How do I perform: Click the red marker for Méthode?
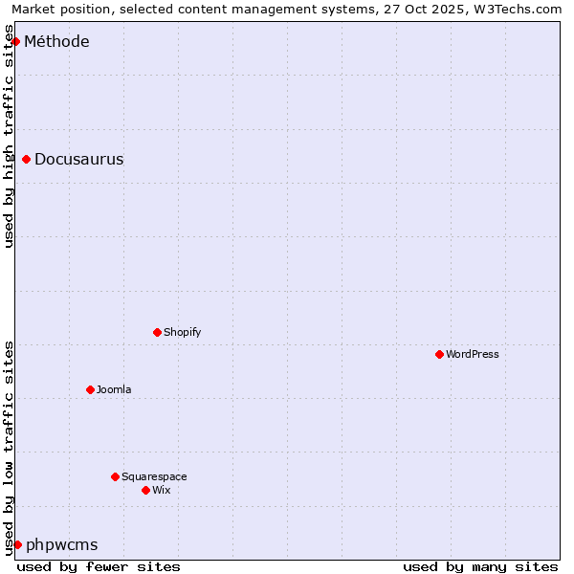point(15,41)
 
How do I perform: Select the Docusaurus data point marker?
point(27,159)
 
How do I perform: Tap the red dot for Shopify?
point(158,332)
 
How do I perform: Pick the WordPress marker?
point(440,354)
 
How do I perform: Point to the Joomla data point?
point(91,389)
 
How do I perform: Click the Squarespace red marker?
point(116,476)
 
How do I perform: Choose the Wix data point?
point(146,490)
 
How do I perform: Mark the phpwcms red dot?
point(17,544)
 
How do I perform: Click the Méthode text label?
point(56,41)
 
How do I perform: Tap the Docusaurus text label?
point(79,159)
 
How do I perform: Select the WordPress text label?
point(473,354)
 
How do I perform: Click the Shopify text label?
point(183,332)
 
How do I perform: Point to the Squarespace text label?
point(154,476)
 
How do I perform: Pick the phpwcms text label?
point(62,544)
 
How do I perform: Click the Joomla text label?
point(114,389)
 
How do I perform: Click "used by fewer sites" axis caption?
point(99,566)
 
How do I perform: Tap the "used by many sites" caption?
point(480,566)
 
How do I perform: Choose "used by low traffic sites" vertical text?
point(10,448)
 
